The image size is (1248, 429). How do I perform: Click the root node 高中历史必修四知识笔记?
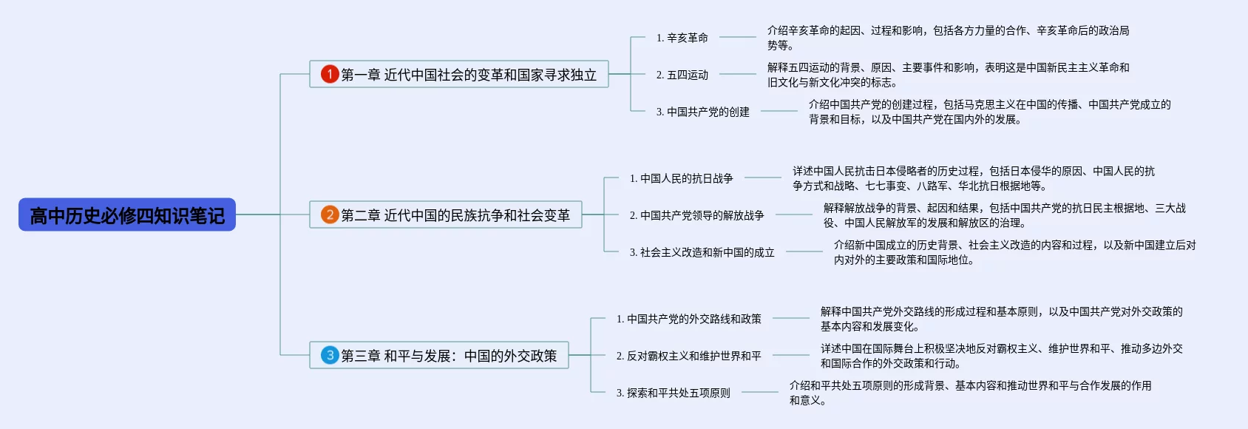(127, 215)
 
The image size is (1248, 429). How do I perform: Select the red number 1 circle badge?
(330, 74)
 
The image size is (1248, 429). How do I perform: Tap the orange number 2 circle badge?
(330, 214)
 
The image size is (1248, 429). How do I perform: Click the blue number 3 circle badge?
(330, 355)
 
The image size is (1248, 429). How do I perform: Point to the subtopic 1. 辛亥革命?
(682, 38)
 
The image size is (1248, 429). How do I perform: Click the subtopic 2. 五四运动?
(682, 75)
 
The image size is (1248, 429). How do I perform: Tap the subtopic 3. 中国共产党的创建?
(702, 112)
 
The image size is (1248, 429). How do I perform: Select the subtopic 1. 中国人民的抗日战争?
(681, 178)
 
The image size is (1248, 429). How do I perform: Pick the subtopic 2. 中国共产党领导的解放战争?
(696, 215)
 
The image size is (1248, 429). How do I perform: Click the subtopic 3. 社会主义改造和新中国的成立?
(702, 252)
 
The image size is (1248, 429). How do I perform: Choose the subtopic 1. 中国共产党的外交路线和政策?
(688, 319)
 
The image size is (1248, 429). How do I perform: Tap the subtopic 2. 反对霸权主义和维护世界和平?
(688, 356)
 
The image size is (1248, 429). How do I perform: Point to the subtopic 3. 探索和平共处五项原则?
(673, 393)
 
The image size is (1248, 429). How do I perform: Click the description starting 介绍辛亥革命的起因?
(948, 38)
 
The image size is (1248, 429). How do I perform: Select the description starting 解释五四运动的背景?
(948, 75)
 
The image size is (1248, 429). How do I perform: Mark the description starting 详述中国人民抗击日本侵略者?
(973, 178)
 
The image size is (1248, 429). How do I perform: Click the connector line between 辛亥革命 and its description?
(737, 37)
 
